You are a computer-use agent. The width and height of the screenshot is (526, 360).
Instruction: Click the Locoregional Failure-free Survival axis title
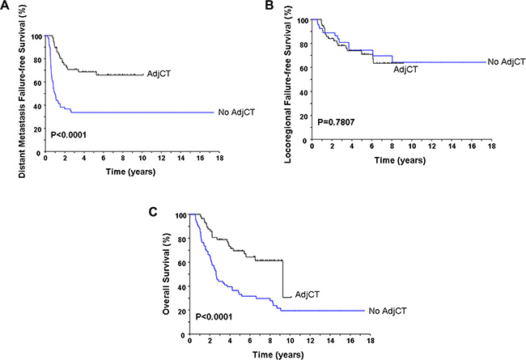(x=279, y=79)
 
